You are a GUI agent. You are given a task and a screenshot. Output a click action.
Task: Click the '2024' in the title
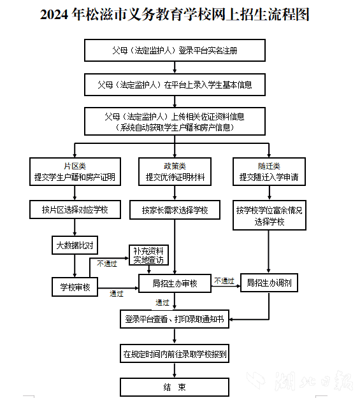tap(54, 14)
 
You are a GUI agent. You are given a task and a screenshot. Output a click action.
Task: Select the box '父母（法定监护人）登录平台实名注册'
tap(175, 50)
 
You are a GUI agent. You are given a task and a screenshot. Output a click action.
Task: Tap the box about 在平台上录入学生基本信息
tap(175, 85)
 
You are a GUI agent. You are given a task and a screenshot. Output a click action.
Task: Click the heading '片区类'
tap(75, 166)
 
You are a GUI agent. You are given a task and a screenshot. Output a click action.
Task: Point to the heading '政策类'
tap(175, 166)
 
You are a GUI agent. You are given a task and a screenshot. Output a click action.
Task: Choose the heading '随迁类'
tap(269, 166)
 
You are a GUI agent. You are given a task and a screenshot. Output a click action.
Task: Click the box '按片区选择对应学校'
tap(75, 210)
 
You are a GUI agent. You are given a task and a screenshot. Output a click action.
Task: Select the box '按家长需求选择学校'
tap(175, 210)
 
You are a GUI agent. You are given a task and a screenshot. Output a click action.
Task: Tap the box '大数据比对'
tap(75, 245)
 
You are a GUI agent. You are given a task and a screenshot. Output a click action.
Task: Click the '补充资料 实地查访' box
tap(148, 255)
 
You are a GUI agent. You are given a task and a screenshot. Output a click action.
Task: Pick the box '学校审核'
tap(75, 287)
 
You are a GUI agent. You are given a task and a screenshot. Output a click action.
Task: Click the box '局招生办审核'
tap(175, 283)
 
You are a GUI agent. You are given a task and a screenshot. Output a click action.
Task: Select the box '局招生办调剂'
tap(269, 283)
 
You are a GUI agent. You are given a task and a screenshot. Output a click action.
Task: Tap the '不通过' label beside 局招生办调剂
tap(224, 281)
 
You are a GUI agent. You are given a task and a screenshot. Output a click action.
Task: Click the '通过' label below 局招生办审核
tap(162, 302)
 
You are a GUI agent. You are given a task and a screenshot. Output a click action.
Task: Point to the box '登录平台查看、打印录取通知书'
tap(175, 319)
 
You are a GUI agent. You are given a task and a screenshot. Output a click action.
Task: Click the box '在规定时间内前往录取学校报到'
tap(175, 353)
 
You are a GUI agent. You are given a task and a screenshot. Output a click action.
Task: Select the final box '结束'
tap(175, 387)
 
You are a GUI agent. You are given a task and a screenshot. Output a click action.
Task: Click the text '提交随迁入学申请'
tap(269, 177)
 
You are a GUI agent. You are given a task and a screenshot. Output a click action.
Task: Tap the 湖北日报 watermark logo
tap(300, 381)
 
